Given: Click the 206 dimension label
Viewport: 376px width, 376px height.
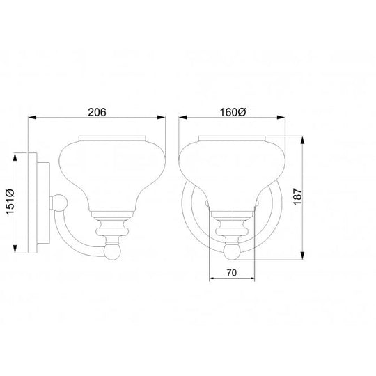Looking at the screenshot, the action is pos(97,112).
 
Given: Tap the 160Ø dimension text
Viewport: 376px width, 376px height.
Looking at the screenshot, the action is pos(233,112).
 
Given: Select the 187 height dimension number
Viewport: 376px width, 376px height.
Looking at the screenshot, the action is pos(297,196).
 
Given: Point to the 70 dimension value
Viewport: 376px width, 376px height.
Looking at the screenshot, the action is pos(231,273).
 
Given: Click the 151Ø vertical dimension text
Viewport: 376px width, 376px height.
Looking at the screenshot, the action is pos(10,202).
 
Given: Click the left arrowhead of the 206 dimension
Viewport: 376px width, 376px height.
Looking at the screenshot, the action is pos(32,117).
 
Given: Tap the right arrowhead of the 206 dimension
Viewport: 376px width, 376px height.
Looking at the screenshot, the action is pos(161,117).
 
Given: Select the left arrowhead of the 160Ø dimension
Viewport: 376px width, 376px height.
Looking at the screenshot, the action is pos(182,117).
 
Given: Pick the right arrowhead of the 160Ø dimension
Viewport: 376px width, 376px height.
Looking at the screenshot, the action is pos(281,117).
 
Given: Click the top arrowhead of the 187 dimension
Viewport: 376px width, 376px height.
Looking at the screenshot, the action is pos(302,140).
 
